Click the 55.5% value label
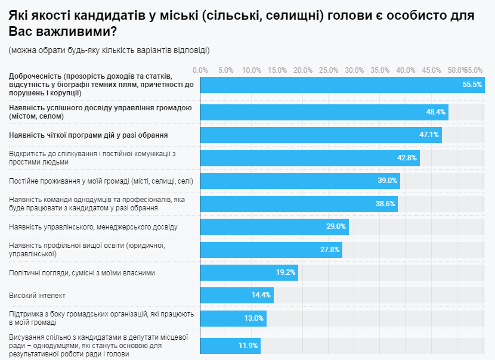472,85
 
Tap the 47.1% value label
429,135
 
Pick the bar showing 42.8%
310,158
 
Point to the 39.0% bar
299,181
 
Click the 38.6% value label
385,204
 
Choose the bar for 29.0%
274,226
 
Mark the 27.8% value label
330,250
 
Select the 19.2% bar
249,272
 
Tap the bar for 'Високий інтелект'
236,295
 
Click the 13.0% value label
253,318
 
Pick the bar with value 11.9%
230,346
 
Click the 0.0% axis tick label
200,70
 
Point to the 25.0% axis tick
329,70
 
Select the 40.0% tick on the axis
406,70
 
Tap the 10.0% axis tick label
252,70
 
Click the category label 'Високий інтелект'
37,296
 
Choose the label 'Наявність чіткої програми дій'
88,135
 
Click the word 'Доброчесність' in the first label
35,76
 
